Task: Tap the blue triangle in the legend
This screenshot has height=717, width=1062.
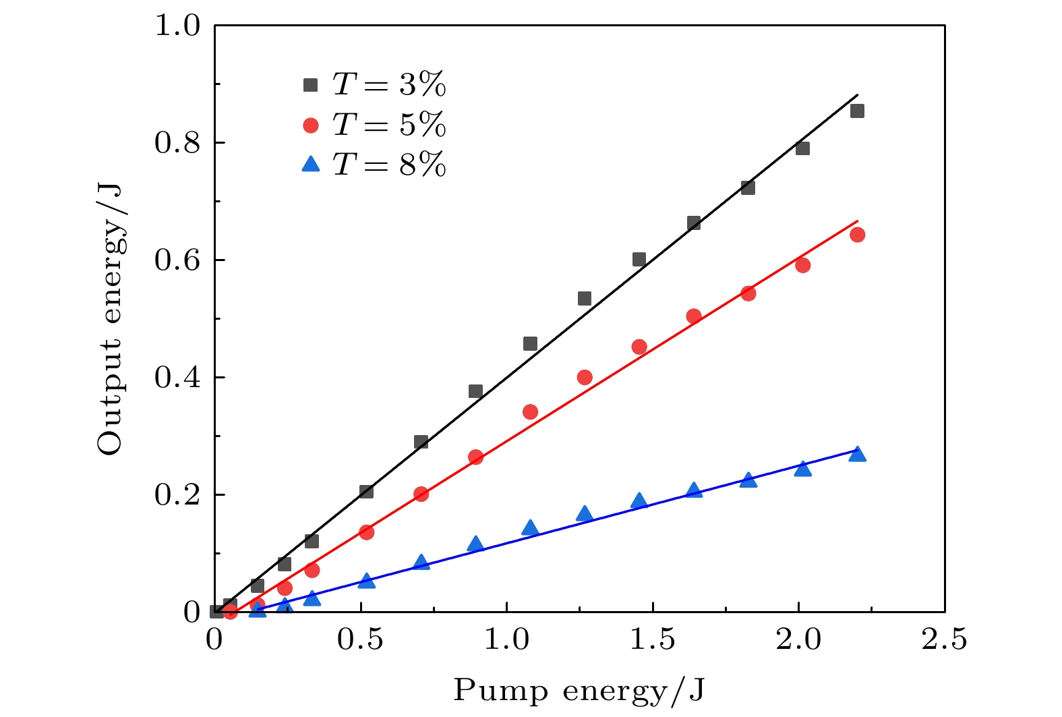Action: [311, 164]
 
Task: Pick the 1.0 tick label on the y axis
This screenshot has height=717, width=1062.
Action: [178, 26]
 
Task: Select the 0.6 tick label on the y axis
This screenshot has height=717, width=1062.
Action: [178, 260]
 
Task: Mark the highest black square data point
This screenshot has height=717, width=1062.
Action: [857, 111]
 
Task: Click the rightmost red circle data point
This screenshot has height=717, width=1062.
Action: [857, 235]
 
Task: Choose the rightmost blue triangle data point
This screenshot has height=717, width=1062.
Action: [857, 454]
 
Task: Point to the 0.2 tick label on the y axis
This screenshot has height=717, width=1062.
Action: [178, 495]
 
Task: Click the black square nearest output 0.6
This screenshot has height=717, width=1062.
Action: [639, 260]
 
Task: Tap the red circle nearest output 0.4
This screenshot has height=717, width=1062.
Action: [585, 377]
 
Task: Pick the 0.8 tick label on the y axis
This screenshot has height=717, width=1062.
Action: [178, 143]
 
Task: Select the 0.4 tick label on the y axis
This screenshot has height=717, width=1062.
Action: [178, 378]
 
